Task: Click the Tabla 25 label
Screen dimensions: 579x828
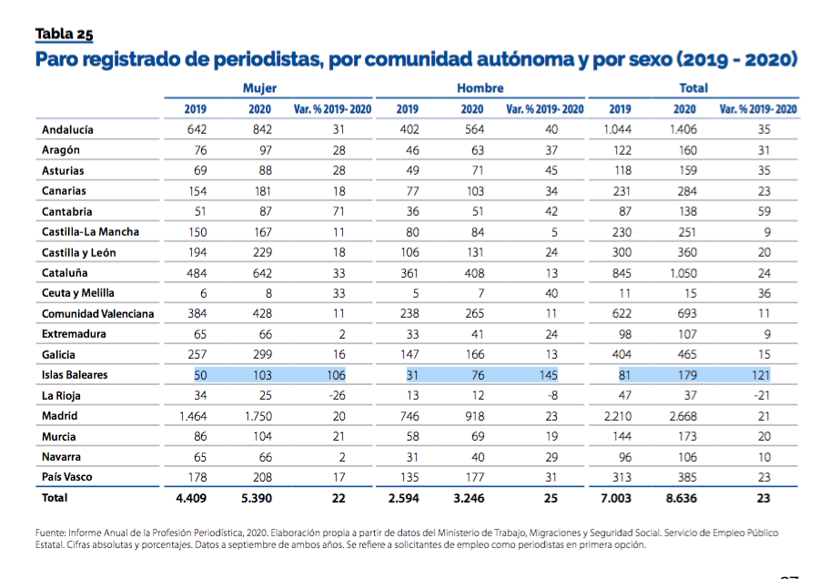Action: [64, 35]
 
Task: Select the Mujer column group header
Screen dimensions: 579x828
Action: [259, 88]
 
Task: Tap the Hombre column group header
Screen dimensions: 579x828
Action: [480, 88]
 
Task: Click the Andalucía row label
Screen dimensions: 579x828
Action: [67, 129]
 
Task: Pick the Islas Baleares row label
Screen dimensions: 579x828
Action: [74, 375]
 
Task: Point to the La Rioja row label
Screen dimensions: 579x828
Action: [62, 396]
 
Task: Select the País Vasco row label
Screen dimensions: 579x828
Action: [66, 477]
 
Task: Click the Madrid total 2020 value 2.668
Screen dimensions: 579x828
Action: [683, 416]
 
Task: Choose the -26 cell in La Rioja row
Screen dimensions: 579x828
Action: [338, 396]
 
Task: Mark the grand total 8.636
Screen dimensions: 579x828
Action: [682, 499]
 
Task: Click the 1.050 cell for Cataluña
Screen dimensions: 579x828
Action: [683, 273]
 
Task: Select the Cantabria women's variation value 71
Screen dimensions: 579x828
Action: [339, 211]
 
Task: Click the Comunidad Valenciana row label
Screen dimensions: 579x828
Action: [97, 314]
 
